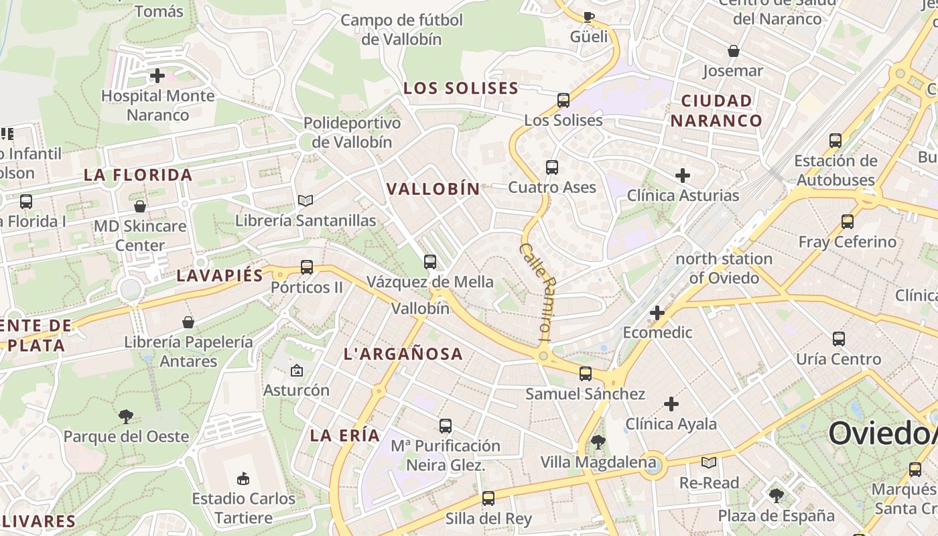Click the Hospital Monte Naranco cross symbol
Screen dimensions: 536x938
157,76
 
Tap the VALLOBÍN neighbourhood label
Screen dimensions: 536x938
433,189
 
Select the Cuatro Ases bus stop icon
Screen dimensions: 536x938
552,167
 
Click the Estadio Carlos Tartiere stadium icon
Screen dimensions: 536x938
243,478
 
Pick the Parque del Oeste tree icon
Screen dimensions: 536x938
125,417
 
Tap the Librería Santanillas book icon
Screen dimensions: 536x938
306,200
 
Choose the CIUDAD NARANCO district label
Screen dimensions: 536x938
716,111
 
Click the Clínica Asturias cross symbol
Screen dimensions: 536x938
683,176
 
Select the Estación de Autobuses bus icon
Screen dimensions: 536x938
835,141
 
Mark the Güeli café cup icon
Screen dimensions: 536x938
589,17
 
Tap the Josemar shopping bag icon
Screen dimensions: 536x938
734,51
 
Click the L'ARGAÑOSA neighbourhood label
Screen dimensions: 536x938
403,354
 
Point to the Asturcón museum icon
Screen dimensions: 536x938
296,370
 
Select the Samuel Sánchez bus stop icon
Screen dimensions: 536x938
586,374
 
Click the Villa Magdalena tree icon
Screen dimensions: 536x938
598,442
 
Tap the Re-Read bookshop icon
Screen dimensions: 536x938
709,462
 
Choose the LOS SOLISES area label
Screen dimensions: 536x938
461,88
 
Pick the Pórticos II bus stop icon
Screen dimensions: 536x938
307,267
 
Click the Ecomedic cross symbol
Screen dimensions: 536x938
657,313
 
